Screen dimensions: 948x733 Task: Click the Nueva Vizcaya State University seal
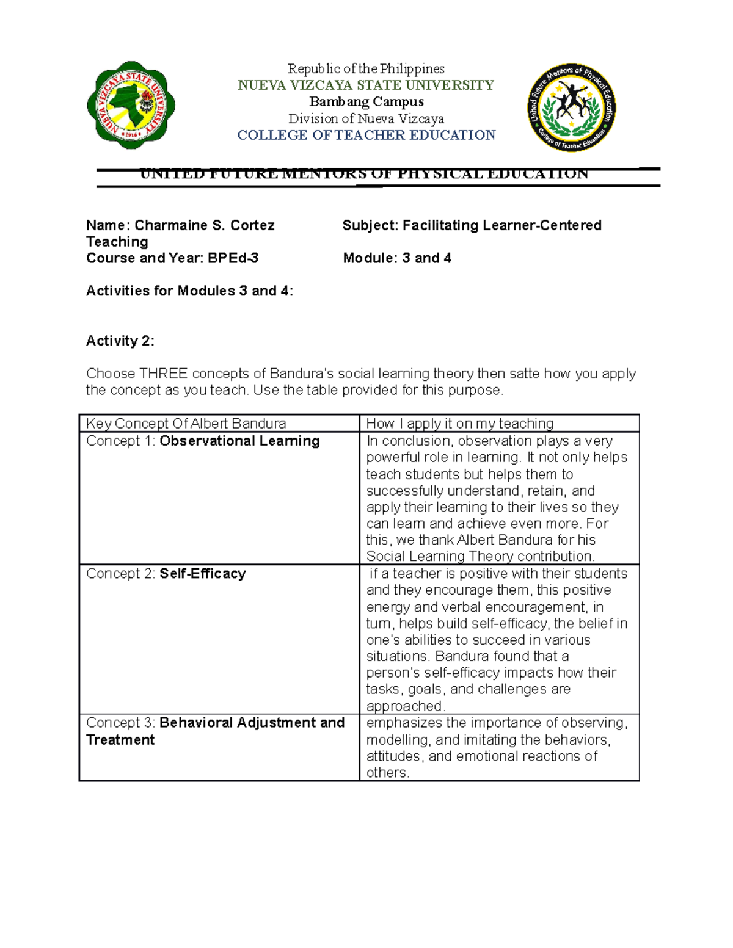pos(131,105)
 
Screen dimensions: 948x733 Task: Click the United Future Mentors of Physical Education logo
pos(572,108)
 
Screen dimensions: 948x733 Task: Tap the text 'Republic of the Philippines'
pos(366,69)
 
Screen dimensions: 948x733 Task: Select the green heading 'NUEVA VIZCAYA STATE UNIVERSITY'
pos(366,85)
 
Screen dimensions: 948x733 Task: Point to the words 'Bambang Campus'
pos(366,102)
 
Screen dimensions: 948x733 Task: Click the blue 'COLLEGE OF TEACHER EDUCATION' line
pos(366,135)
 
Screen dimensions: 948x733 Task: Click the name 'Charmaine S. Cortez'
pos(205,226)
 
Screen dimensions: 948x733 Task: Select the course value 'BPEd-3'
pos(233,258)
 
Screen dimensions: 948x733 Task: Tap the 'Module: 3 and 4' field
pos(397,258)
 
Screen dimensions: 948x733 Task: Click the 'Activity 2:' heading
pos(120,341)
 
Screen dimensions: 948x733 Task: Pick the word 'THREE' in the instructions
pos(163,374)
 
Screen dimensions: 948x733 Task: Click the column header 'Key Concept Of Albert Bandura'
pos(186,424)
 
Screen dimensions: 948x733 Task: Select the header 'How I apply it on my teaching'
pos(459,424)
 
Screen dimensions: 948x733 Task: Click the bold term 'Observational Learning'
pos(239,441)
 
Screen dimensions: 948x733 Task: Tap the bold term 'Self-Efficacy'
pos(202,574)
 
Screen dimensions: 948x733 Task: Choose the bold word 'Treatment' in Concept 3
pos(120,740)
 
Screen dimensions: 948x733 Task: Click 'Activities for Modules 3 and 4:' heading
pos(189,291)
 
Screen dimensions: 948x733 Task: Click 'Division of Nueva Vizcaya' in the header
pos(366,118)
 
